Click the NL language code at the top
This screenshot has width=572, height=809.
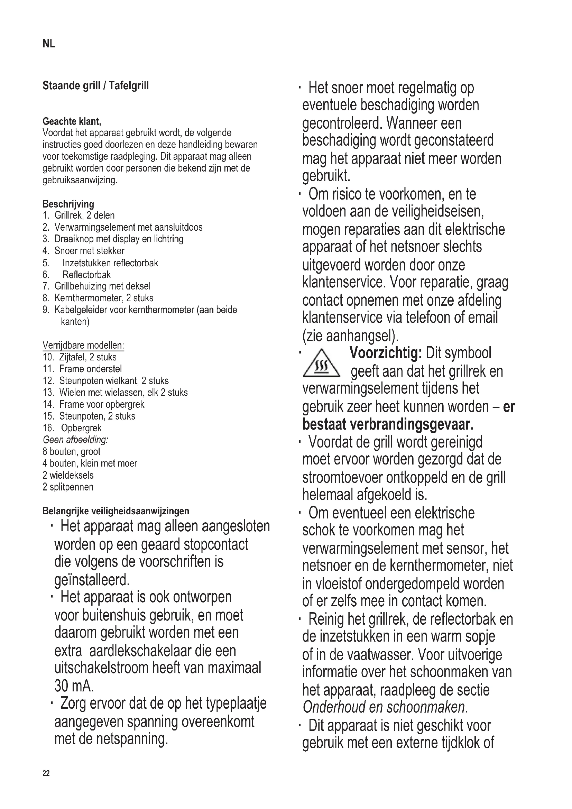(49, 44)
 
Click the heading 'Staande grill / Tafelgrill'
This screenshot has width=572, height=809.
(95, 86)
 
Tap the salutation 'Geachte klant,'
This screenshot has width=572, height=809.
(72, 121)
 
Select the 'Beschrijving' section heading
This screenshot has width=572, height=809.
(68, 204)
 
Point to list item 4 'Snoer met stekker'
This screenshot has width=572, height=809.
(89, 251)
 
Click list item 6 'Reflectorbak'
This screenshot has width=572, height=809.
(86, 275)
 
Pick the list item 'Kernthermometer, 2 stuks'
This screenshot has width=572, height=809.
(103, 298)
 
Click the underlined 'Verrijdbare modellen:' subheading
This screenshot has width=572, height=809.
(83, 345)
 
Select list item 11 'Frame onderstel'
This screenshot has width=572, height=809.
(90, 369)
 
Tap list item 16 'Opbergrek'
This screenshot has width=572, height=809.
(81, 428)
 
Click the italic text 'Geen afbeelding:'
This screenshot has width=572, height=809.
(75, 440)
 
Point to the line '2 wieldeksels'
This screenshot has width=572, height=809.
(68, 475)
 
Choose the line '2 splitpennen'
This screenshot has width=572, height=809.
(68, 487)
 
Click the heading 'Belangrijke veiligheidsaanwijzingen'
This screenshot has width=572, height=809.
(116, 511)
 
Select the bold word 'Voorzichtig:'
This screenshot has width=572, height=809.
(385, 353)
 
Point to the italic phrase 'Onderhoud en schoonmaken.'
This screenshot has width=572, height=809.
(385, 707)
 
